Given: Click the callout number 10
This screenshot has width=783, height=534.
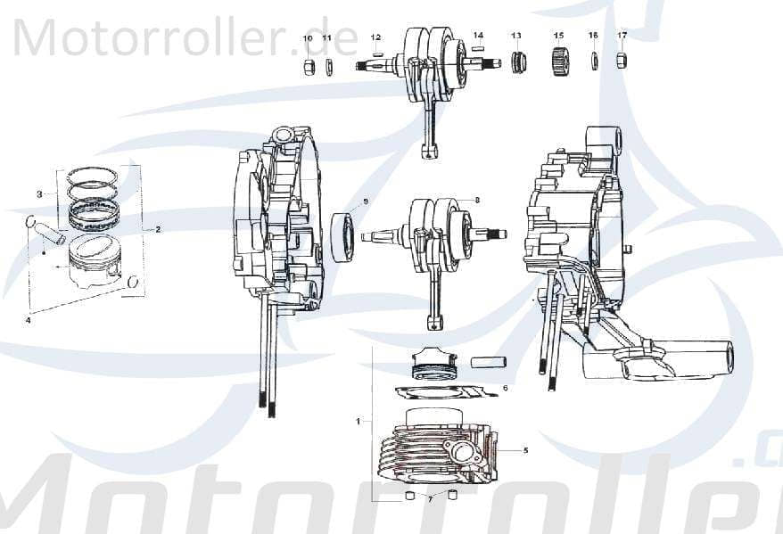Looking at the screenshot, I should pyautogui.click(x=308, y=38).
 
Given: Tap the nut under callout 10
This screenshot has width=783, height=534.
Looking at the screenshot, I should pyautogui.click(x=308, y=68).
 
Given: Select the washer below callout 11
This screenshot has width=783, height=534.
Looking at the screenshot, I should pyautogui.click(x=328, y=68).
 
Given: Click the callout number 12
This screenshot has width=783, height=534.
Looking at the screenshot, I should pyautogui.click(x=375, y=37).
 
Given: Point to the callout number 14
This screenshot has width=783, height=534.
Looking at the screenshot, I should pyautogui.click(x=478, y=36).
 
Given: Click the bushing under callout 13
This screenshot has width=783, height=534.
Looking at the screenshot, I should pyautogui.click(x=517, y=64).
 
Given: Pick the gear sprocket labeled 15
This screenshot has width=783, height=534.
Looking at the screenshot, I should pyautogui.click(x=559, y=63).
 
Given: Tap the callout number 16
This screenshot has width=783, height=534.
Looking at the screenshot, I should pyautogui.click(x=593, y=35).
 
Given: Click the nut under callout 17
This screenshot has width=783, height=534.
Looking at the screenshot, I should pyautogui.click(x=622, y=62).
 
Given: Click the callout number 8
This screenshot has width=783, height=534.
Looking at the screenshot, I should pyautogui.click(x=477, y=201).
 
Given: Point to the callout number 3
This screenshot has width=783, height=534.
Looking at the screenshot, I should pyautogui.click(x=39, y=193).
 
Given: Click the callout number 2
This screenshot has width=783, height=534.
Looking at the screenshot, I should pyautogui.click(x=158, y=229).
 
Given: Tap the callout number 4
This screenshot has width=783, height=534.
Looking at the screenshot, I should pyautogui.click(x=29, y=319).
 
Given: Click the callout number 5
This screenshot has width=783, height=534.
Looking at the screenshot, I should pyautogui.click(x=525, y=450).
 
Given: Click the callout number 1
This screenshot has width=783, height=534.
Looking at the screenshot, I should pyautogui.click(x=359, y=419).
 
